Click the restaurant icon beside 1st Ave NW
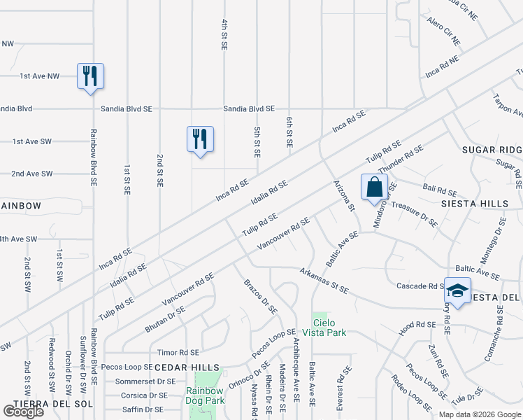click(90, 76)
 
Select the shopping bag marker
click(374, 187)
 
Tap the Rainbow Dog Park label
click(205, 395)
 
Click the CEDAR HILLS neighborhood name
click(187, 367)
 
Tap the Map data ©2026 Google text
click(480, 414)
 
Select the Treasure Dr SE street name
click(414, 213)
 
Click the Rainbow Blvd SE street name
click(93, 157)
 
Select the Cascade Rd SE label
click(420, 286)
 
